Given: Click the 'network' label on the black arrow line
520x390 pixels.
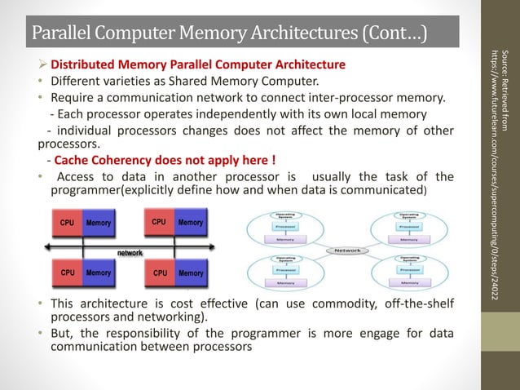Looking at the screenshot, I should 130,253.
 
